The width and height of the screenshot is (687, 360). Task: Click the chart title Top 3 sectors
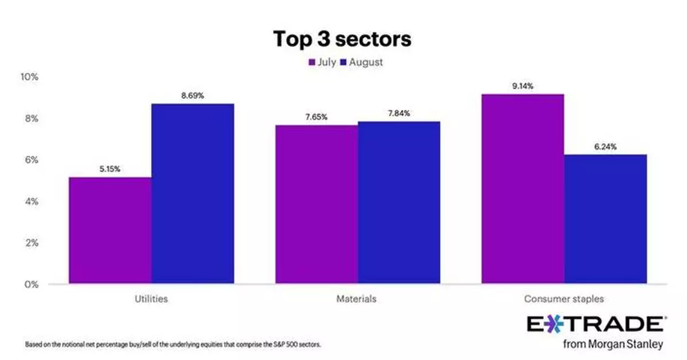click(x=342, y=39)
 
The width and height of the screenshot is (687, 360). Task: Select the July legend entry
click(x=322, y=62)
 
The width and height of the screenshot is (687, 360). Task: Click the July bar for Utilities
click(x=110, y=230)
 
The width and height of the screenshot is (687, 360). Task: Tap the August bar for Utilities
click(x=192, y=193)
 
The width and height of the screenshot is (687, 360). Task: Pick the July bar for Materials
click(x=317, y=204)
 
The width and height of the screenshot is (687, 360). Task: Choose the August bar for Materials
click(x=399, y=202)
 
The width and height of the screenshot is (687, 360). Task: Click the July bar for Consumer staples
click(x=523, y=188)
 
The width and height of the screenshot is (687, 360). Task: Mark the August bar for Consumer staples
click(x=605, y=219)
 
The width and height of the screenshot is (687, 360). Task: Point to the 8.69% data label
click(x=192, y=96)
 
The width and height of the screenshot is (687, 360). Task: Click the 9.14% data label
click(x=522, y=86)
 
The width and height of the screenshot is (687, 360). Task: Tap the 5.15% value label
click(x=110, y=169)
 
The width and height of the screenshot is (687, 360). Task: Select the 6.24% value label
click(x=605, y=147)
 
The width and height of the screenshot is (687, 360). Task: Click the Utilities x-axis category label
click(x=151, y=299)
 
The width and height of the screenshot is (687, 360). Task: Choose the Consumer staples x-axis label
click(x=564, y=299)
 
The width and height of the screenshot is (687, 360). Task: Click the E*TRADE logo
click(x=595, y=324)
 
